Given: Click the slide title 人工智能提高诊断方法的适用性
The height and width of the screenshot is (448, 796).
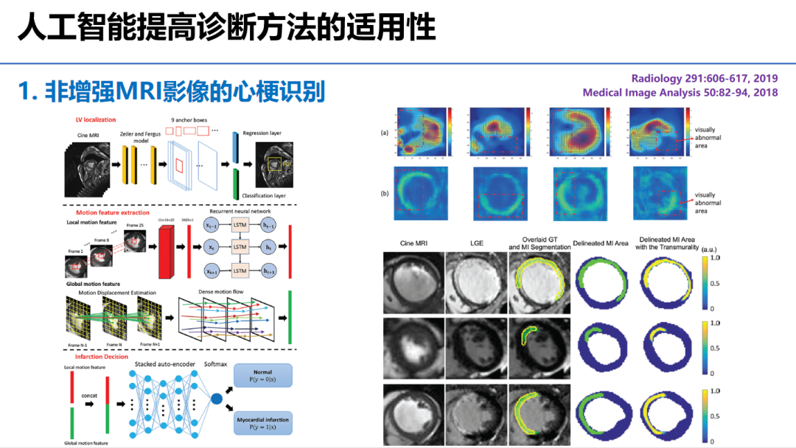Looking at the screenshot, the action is point(226,27).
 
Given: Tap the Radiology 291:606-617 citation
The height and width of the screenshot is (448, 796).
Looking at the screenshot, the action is point(705,78).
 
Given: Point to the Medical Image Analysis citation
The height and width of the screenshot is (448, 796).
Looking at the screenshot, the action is point(680,93).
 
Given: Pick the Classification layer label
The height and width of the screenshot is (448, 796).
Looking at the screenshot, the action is point(265,195).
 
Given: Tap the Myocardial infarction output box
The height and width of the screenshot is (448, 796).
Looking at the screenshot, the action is point(263,422).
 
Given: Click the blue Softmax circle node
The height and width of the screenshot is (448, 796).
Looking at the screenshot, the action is point(217,399).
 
